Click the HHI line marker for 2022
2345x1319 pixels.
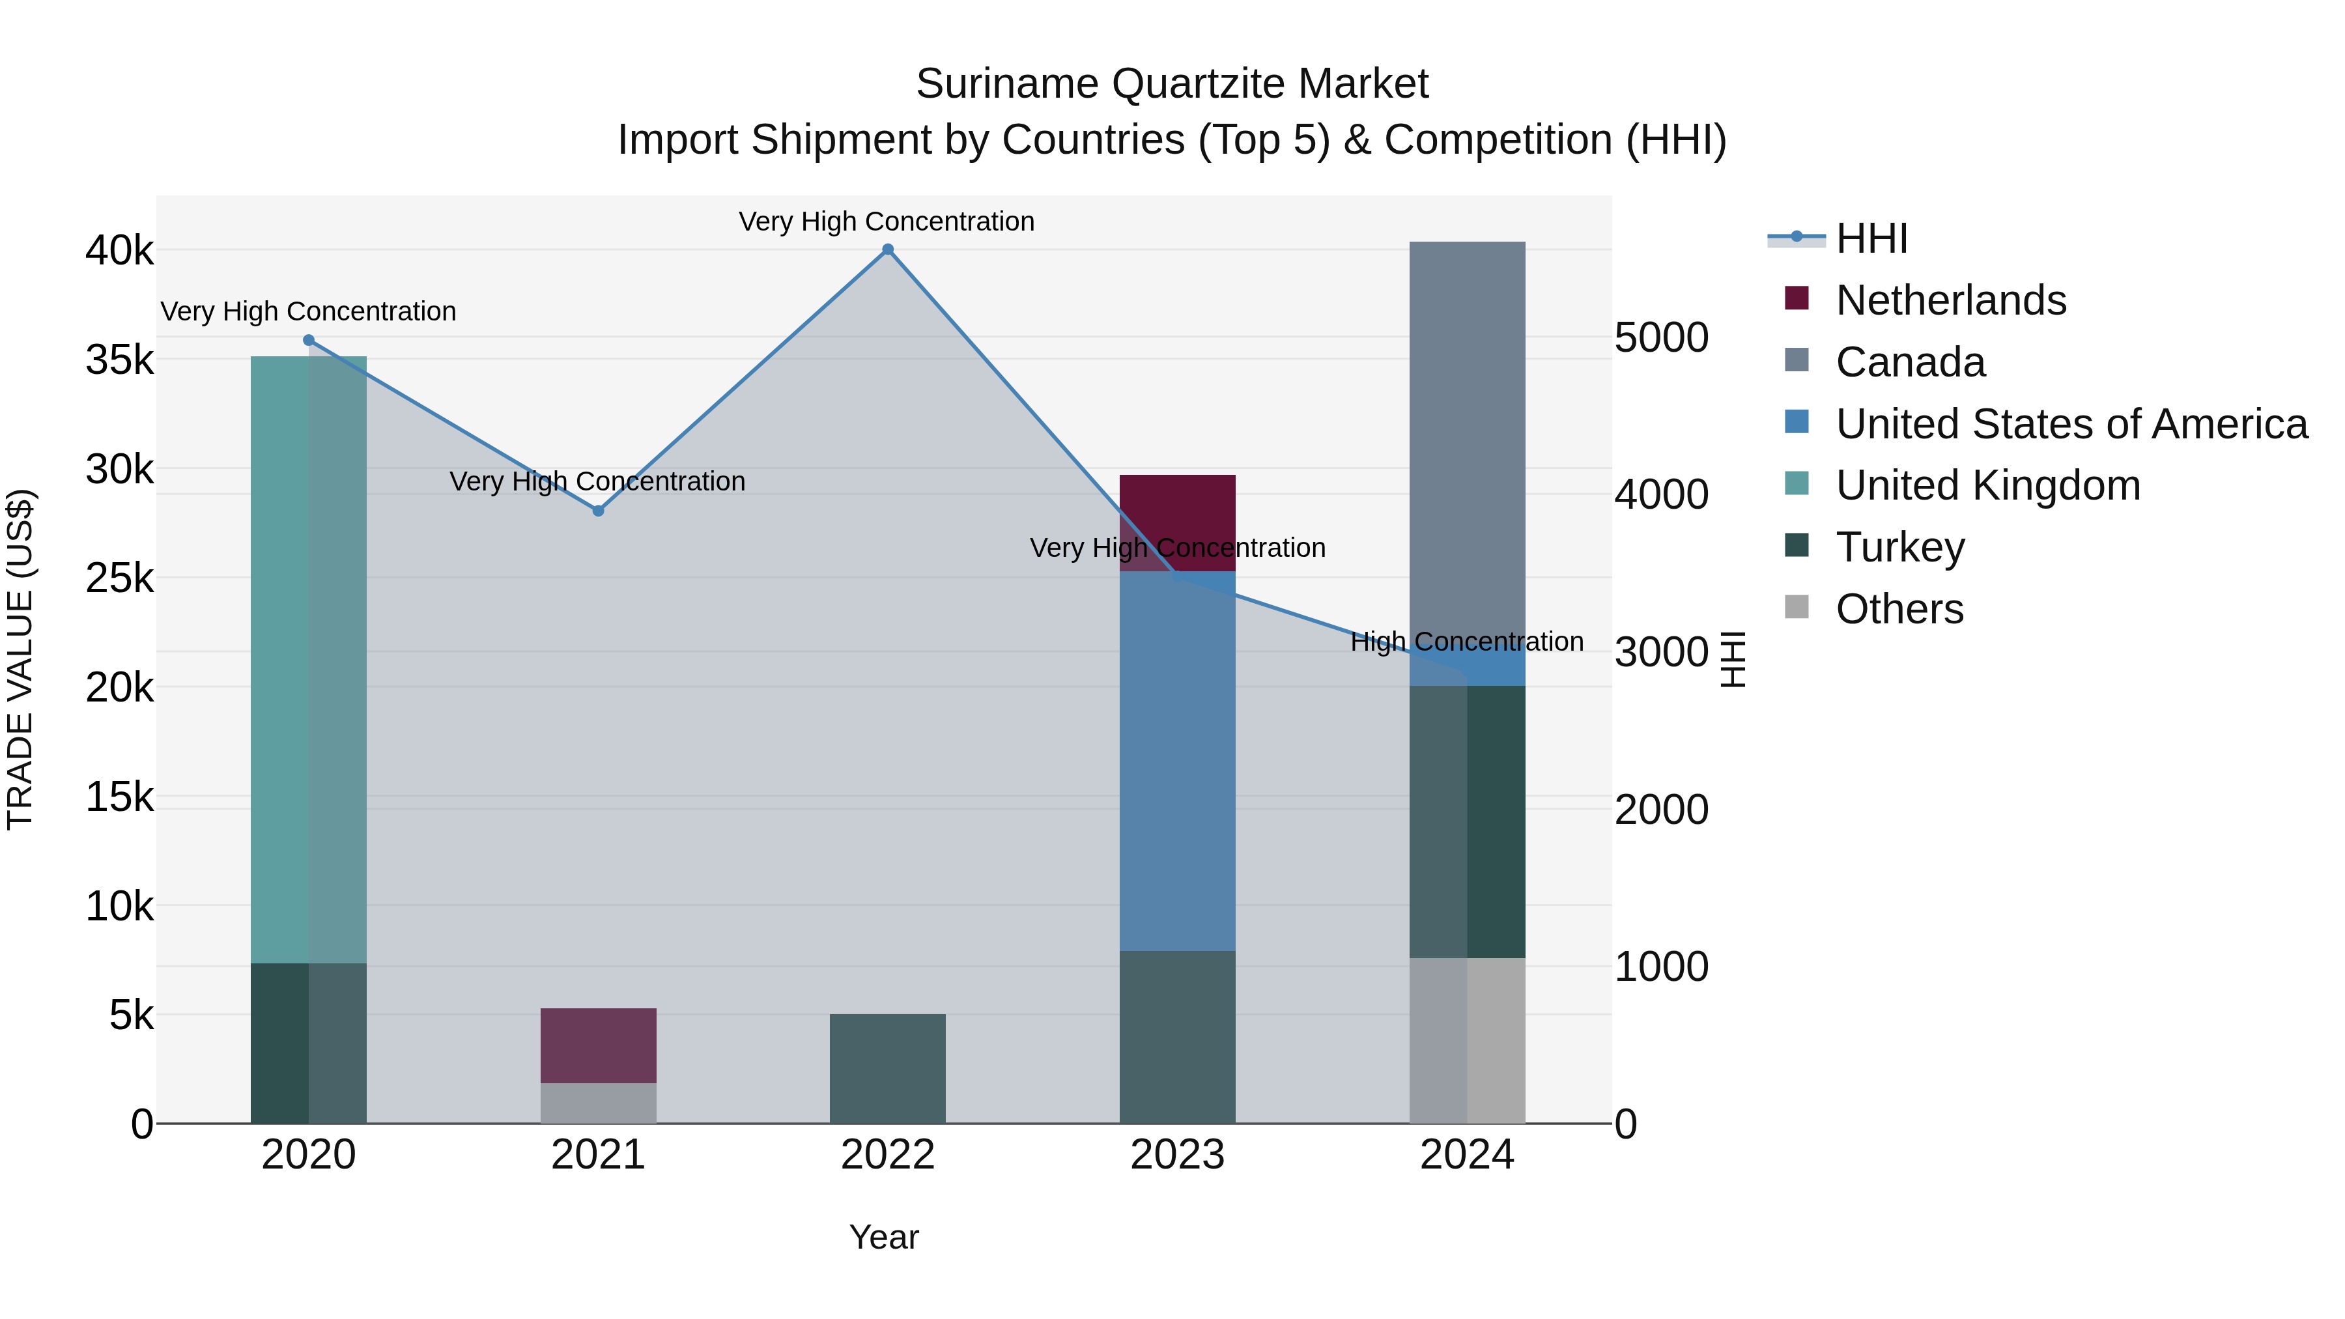888,249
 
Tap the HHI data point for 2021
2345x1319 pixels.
598,511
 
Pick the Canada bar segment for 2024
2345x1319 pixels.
1466,437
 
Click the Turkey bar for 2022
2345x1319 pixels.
888,1069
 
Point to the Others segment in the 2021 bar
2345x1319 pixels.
598,1103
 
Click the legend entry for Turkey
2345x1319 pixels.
1900,547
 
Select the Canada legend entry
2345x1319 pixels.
1910,362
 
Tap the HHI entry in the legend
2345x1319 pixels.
1871,238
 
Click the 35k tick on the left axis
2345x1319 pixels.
119,360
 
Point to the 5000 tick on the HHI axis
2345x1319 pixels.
1661,337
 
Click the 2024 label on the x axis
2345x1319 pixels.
1466,1155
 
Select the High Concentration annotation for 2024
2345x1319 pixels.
1466,642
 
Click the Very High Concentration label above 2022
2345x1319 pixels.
886,222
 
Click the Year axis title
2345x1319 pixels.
884,1237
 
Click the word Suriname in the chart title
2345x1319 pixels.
1007,84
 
